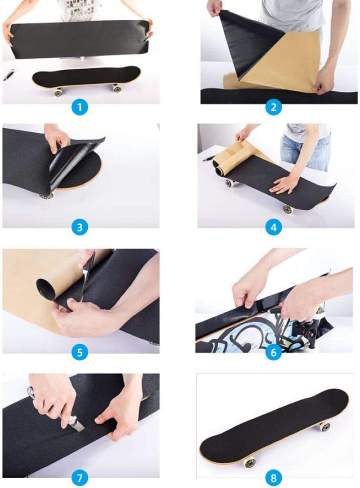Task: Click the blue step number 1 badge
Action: click(80, 107)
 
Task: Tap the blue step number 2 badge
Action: click(274, 107)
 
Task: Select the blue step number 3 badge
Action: click(80, 227)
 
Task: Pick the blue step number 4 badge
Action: click(274, 228)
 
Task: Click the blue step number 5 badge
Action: click(80, 352)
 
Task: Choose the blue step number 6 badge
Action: click(274, 352)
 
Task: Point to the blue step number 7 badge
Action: click(80, 477)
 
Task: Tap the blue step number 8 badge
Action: click(274, 477)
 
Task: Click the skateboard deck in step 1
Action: click(85, 77)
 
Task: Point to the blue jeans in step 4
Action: click(306, 148)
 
